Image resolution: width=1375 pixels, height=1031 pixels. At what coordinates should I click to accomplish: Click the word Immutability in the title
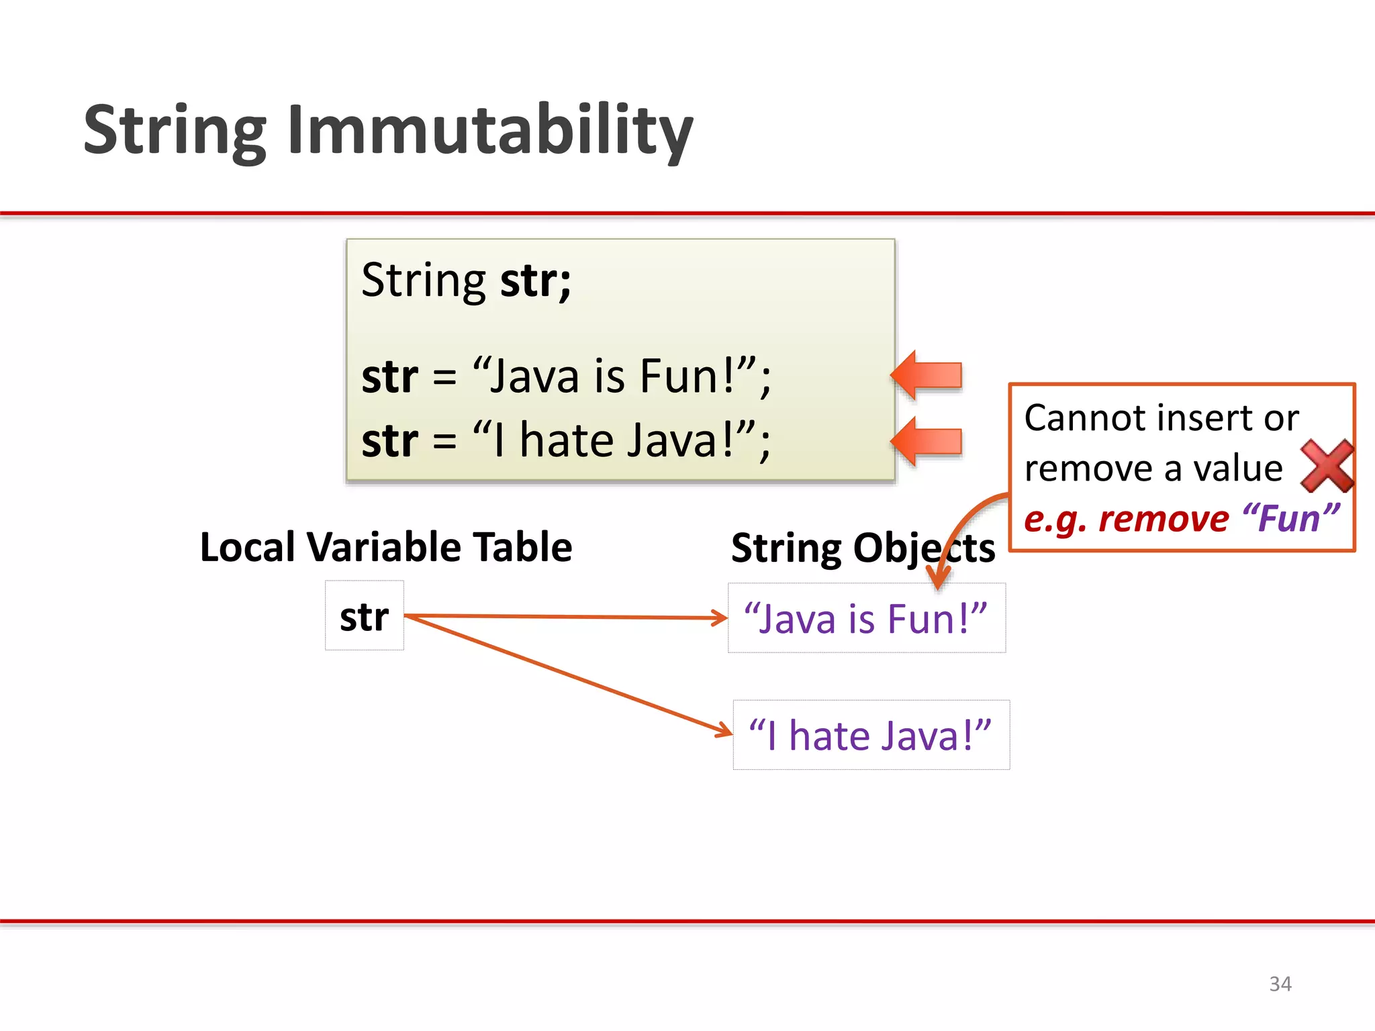click(490, 131)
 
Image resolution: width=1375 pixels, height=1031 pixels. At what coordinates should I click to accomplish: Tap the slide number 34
click(1280, 984)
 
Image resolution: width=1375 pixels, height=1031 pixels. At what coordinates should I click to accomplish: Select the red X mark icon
click(1327, 466)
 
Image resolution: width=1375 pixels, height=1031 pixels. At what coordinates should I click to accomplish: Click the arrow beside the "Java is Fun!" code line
click(927, 375)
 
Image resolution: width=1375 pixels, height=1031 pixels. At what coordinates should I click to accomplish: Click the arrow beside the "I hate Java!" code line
click(927, 442)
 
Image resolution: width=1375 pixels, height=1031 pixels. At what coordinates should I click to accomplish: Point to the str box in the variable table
click(365, 616)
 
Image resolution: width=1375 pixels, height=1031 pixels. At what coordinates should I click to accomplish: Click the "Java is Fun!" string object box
click(866, 618)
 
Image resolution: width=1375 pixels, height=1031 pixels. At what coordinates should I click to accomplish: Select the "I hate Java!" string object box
click(871, 735)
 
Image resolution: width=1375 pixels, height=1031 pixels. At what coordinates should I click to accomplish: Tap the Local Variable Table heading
click(386, 547)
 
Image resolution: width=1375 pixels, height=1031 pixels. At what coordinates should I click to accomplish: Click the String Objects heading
click(863, 548)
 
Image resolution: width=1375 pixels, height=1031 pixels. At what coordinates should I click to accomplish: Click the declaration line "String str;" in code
click(466, 281)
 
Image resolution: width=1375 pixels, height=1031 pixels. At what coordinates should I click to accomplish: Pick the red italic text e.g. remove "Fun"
click(1182, 519)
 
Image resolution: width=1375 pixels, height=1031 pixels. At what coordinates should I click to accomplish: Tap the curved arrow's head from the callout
click(939, 581)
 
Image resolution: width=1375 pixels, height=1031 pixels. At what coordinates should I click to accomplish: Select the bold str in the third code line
click(389, 441)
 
